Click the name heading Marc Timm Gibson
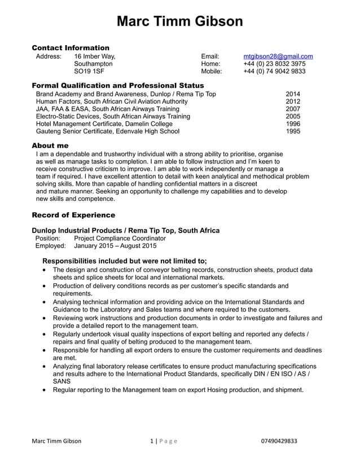(x=180, y=21)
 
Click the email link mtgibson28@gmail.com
(x=278, y=56)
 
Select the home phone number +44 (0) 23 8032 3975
(x=274, y=64)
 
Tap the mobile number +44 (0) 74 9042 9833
(x=274, y=72)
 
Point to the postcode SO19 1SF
(x=89, y=72)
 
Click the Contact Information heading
(x=71, y=47)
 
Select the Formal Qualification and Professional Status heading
(x=117, y=85)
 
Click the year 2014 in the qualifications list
(x=293, y=94)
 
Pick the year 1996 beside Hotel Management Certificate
(x=293, y=124)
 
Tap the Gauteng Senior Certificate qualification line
(x=107, y=131)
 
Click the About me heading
(x=50, y=146)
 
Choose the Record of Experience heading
(x=73, y=215)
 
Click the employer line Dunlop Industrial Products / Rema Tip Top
(x=126, y=230)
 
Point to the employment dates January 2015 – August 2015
(x=115, y=246)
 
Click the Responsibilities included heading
(x=125, y=261)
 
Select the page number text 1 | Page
(x=164, y=441)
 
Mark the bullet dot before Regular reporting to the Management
(x=45, y=390)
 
